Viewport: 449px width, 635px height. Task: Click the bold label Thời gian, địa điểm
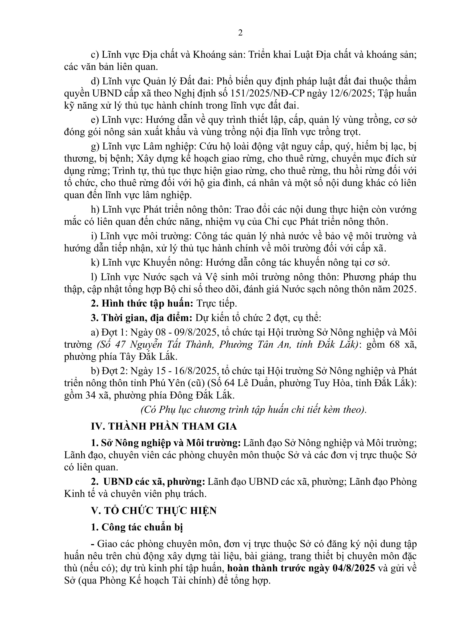point(147,318)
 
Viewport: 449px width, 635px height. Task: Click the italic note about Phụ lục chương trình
point(253,410)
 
